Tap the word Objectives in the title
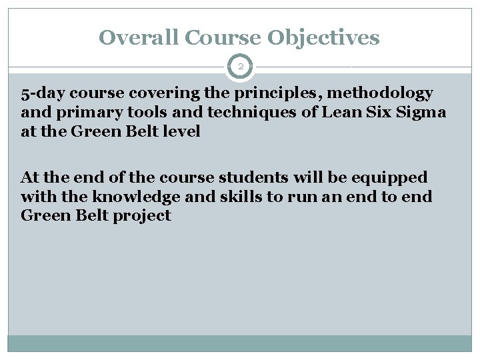(323, 37)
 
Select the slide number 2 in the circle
(240, 67)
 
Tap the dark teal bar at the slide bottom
(240, 343)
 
